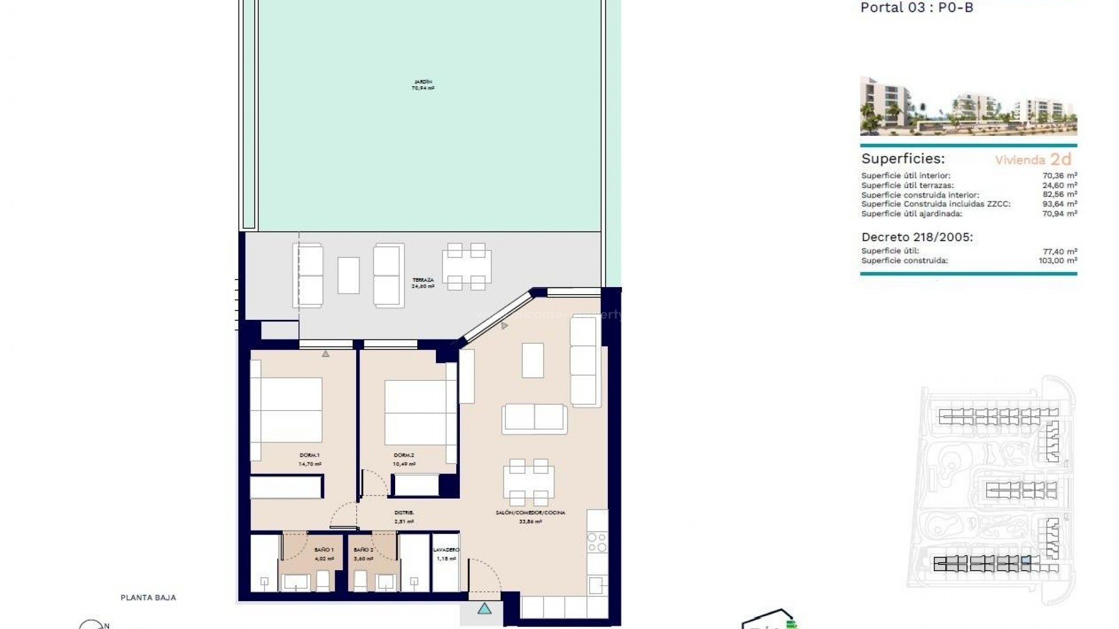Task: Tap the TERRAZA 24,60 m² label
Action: (x=423, y=283)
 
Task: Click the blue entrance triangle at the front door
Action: (x=484, y=609)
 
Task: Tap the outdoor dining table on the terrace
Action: (x=466, y=267)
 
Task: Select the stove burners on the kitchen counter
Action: (x=597, y=542)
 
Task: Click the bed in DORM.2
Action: (x=415, y=412)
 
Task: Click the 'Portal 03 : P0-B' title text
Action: (x=909, y=8)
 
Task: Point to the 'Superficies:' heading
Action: (x=903, y=158)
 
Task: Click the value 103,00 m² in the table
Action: (x=1057, y=261)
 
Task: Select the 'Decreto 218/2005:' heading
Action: (x=917, y=237)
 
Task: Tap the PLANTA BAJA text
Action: (x=148, y=598)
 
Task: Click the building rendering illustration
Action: (x=968, y=106)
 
